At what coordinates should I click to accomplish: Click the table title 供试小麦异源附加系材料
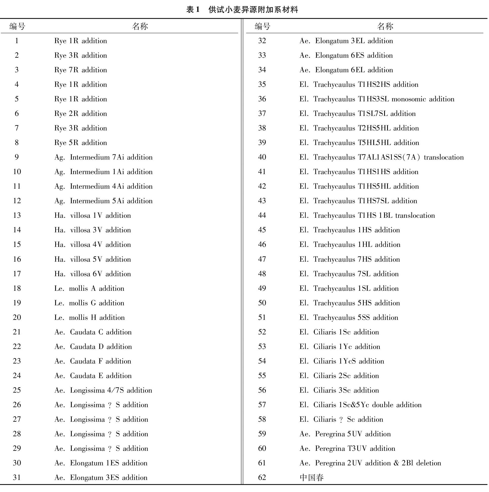pos(253,10)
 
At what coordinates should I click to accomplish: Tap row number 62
pos(262,477)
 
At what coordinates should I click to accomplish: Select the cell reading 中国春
pos(311,477)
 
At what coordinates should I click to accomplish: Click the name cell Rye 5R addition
pos(80,143)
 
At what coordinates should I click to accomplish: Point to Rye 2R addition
pos(80,114)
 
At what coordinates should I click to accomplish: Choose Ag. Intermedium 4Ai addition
pos(103,186)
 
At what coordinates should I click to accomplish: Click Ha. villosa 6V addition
pos(92,274)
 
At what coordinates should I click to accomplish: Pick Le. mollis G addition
pos(89,303)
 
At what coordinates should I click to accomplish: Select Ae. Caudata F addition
pos(93,361)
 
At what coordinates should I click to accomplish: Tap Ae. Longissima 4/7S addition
pos(103,390)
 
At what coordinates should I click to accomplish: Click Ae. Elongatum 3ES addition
pos(101,477)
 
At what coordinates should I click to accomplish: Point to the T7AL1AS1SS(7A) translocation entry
pos(381,157)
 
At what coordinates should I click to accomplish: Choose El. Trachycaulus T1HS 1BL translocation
pos(367,216)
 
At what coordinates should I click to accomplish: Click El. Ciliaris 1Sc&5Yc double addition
pos(360,405)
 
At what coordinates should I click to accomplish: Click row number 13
pos(17,216)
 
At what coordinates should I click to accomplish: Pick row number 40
pos(262,157)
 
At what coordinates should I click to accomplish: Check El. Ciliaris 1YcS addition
pos(342,361)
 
